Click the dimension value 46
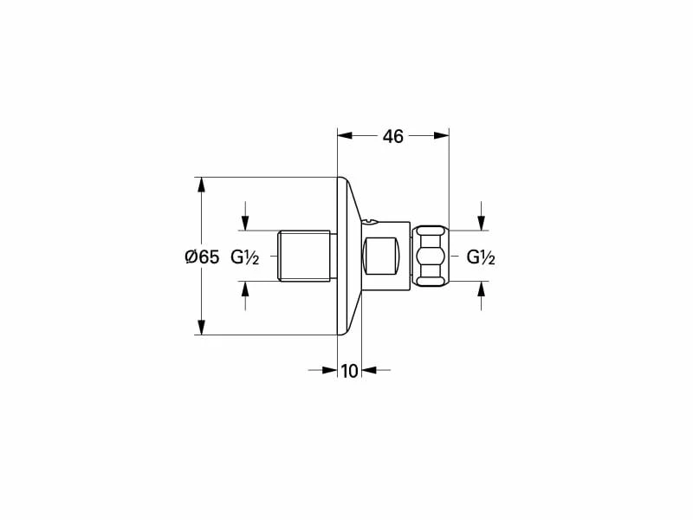point(393,136)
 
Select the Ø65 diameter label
point(202,257)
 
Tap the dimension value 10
point(349,371)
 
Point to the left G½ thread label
point(245,257)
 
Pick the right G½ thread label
point(481,257)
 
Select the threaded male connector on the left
point(305,257)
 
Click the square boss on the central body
point(382,257)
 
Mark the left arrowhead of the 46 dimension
point(344,135)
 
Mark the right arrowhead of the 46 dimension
point(442,135)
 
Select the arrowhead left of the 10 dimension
point(329,370)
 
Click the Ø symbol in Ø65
point(191,257)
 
